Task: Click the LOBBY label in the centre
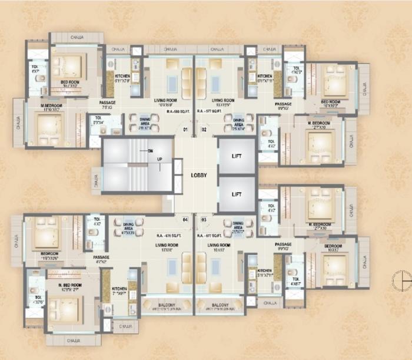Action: (x=198, y=175)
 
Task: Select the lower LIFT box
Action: (x=237, y=194)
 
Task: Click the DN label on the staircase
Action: (x=151, y=150)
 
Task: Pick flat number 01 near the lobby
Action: (x=185, y=129)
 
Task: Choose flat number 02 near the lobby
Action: (x=204, y=129)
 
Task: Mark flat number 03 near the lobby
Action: (x=204, y=219)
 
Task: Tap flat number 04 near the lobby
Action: (x=185, y=219)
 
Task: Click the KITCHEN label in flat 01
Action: (x=122, y=76)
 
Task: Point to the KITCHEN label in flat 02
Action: (x=265, y=76)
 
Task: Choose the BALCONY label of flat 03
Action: (x=220, y=305)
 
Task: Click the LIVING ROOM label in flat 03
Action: (x=219, y=245)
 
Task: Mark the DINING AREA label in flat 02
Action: (x=238, y=124)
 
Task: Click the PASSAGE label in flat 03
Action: (x=283, y=244)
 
